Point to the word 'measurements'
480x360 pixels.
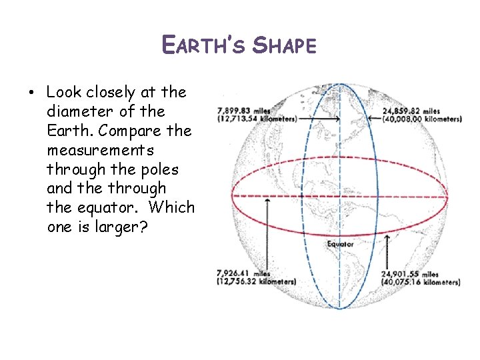point(100,149)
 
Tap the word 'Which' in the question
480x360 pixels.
point(171,207)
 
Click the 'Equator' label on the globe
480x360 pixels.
point(340,245)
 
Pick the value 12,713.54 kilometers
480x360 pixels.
point(257,119)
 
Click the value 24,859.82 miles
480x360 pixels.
point(411,111)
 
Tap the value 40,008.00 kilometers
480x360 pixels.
point(422,119)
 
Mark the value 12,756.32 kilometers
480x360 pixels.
point(257,282)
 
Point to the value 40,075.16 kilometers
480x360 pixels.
point(421,282)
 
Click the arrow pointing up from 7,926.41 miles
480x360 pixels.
point(267,233)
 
